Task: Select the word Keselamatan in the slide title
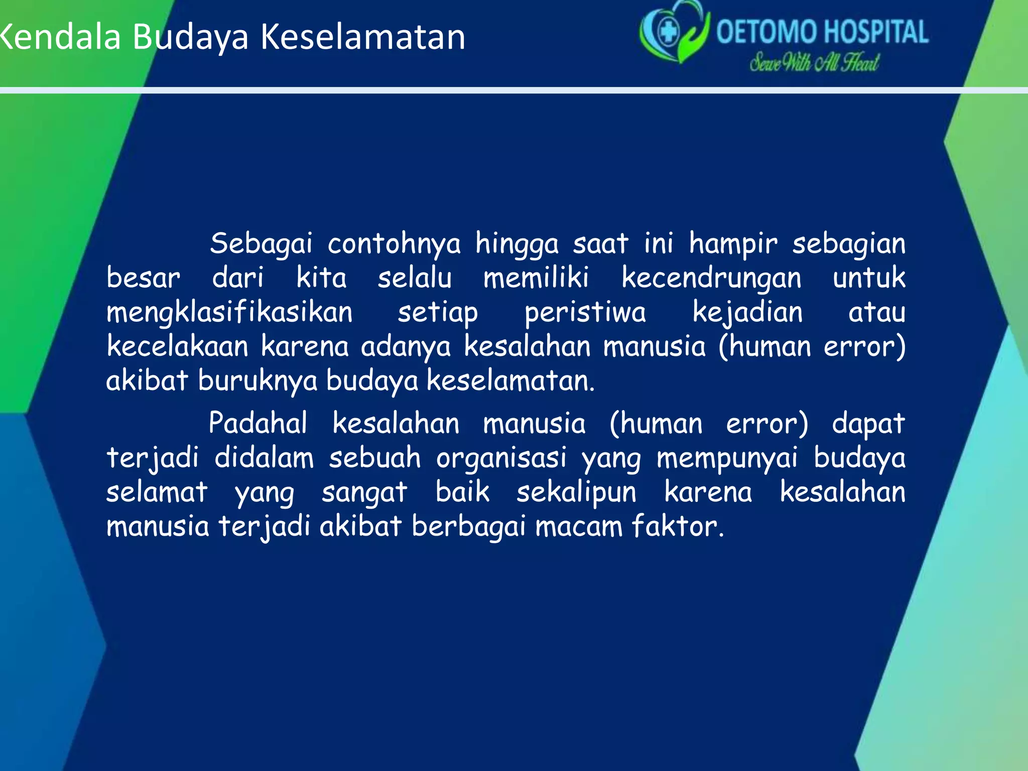point(363,37)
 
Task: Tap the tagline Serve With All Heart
point(814,63)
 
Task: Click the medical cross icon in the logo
point(668,32)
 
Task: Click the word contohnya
point(394,244)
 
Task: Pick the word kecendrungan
point(711,279)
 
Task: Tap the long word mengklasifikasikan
point(230,313)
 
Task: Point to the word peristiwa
point(585,313)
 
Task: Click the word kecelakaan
point(178,346)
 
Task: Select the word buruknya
point(258,381)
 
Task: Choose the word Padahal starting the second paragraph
point(258,423)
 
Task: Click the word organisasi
point(501,458)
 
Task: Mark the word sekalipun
point(576,492)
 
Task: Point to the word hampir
point(733,244)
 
